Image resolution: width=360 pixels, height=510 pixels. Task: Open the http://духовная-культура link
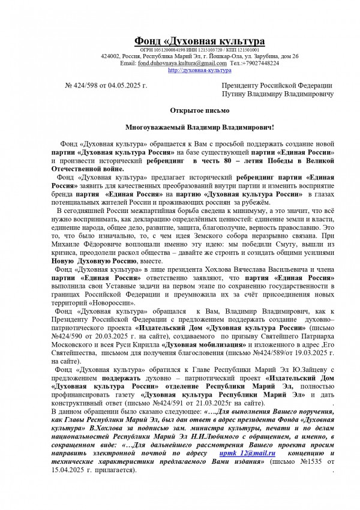[200, 70]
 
